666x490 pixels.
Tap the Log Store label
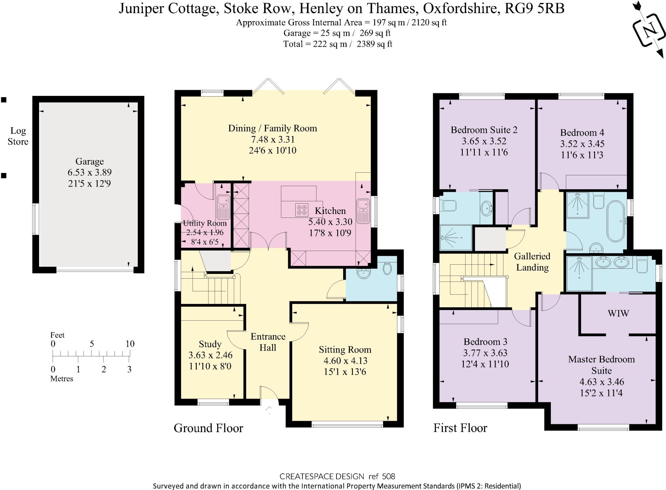click(x=18, y=136)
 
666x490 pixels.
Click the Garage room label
click(x=89, y=162)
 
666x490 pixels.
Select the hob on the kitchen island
click(x=301, y=209)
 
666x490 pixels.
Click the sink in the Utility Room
click(x=223, y=206)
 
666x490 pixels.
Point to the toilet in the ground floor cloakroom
click(x=387, y=268)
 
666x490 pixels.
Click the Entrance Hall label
click(x=268, y=342)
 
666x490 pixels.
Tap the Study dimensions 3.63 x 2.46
click(x=210, y=355)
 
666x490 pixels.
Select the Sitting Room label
click(x=345, y=350)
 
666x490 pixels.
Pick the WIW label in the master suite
click(x=618, y=313)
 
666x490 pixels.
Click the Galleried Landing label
click(x=532, y=262)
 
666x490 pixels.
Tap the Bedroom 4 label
click(x=582, y=133)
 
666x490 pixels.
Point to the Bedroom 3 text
click(x=485, y=342)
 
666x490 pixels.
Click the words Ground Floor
click(x=208, y=428)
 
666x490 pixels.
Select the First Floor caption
click(x=460, y=428)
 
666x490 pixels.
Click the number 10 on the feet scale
click(x=130, y=344)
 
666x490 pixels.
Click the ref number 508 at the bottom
click(x=388, y=477)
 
